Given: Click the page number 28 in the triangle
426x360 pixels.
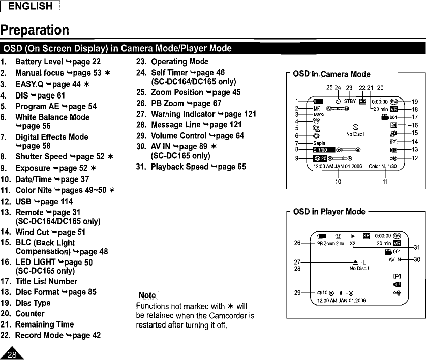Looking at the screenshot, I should click(x=12, y=354).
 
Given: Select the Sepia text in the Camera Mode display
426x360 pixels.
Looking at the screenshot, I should click(x=319, y=143).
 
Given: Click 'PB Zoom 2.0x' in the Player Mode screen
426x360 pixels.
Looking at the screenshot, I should click(x=331, y=243).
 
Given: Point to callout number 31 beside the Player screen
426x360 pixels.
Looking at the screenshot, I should click(x=416, y=247).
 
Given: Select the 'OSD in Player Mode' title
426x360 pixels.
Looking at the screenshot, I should click(x=329, y=212).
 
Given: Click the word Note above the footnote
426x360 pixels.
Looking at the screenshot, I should click(x=147, y=296).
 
